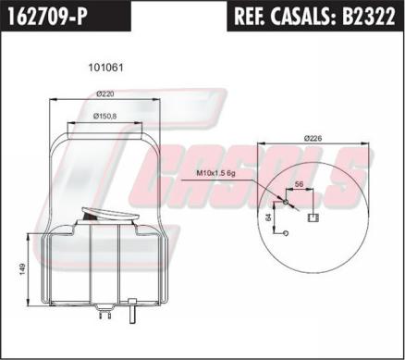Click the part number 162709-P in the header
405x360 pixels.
point(46,17)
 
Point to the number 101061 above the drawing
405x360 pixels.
point(105,68)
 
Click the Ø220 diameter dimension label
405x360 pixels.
point(105,94)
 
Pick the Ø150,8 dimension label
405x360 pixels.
point(104,117)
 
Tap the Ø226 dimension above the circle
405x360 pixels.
point(313,138)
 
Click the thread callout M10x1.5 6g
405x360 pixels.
point(215,173)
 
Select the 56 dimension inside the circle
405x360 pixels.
point(300,184)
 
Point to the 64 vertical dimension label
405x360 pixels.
point(268,217)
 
